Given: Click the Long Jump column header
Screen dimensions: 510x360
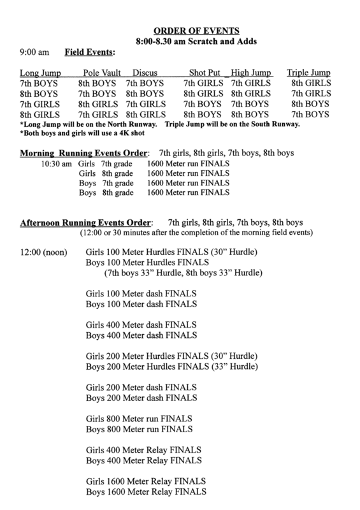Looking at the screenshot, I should (40, 73).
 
